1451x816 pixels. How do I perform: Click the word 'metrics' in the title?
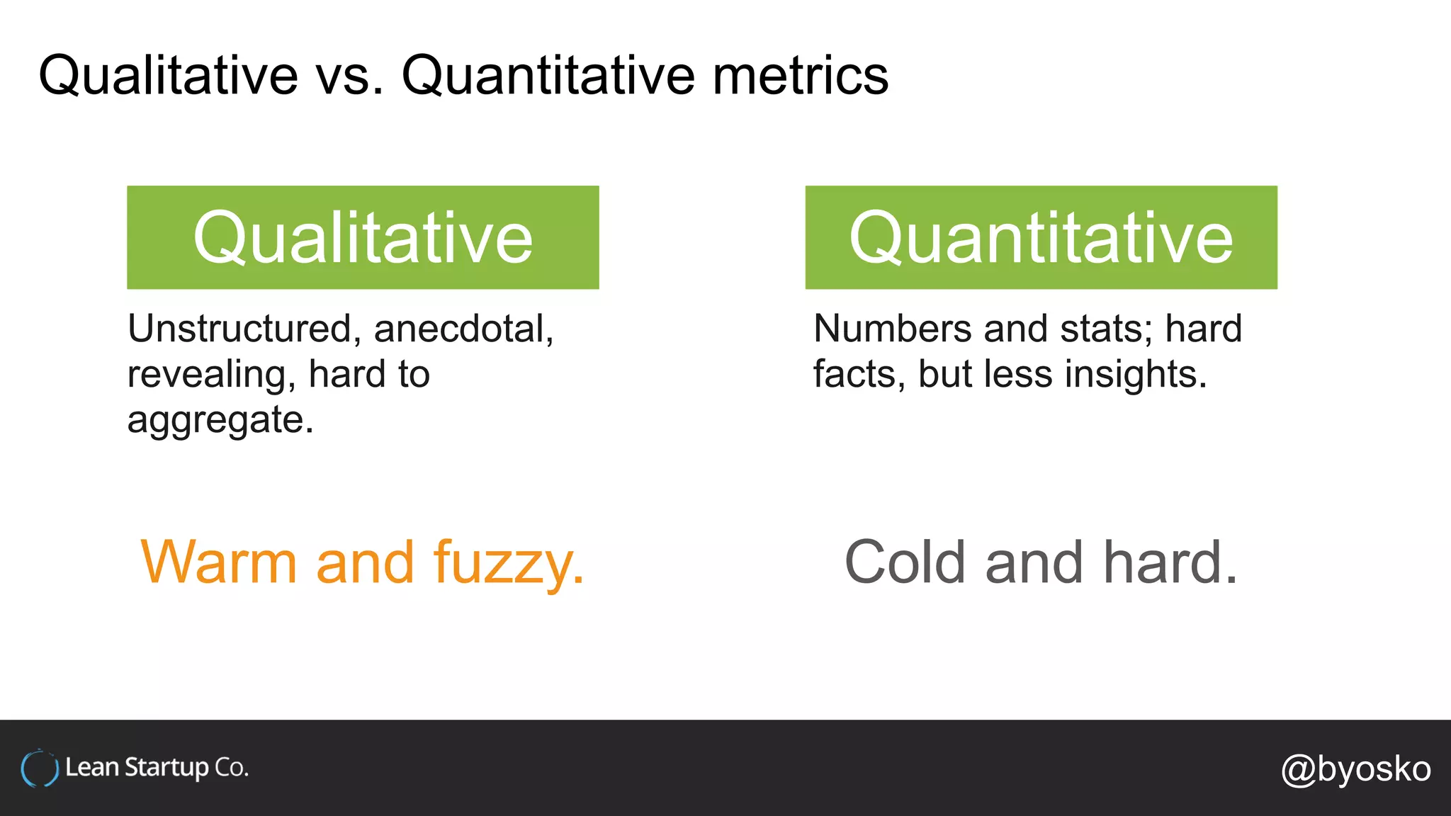pos(800,76)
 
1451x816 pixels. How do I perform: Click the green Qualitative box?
pos(363,237)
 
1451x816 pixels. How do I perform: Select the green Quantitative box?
pos(1041,237)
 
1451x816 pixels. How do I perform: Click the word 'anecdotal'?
pos(462,329)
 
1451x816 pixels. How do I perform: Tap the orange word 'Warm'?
pos(219,562)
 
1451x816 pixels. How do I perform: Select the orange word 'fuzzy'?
pos(507,564)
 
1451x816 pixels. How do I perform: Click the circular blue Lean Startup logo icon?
pos(39,769)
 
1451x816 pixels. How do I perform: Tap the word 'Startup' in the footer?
pos(166,769)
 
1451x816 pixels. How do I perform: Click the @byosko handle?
pos(1355,769)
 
